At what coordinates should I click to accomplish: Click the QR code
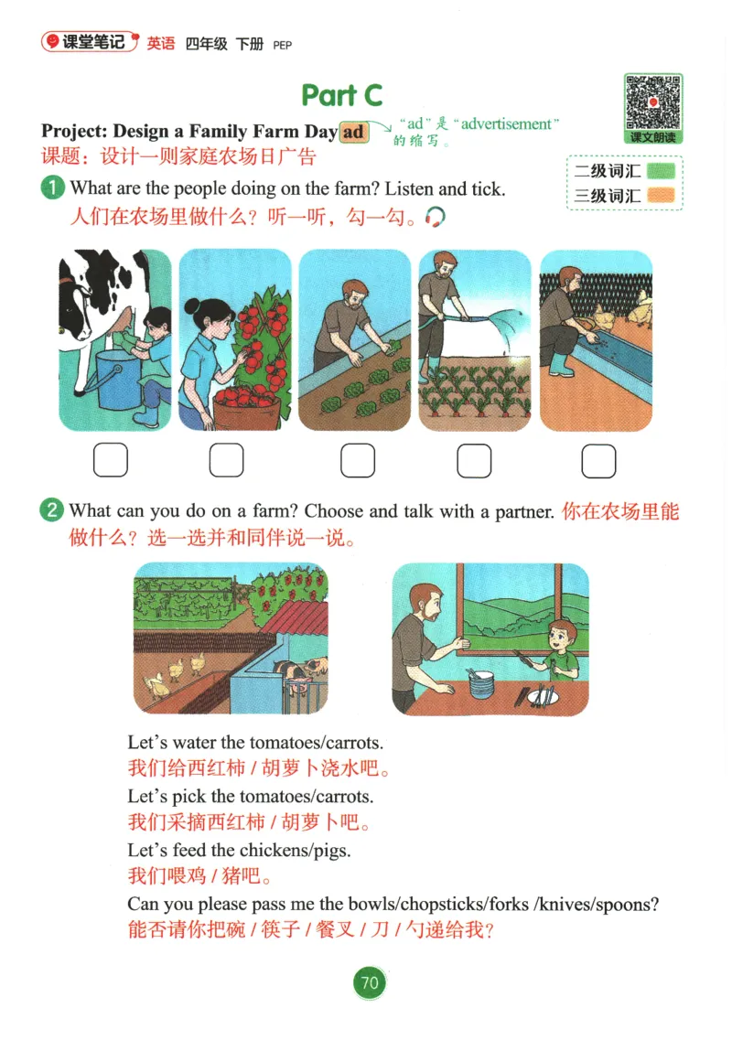point(653,102)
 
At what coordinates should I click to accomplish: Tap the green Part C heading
point(342,95)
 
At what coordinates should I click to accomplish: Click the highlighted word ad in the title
point(353,132)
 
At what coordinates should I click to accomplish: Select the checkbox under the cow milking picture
point(110,460)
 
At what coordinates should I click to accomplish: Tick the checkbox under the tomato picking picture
point(226,460)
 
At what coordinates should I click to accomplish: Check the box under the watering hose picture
point(474,460)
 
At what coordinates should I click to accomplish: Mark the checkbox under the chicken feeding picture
point(598,461)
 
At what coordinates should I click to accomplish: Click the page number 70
point(370,982)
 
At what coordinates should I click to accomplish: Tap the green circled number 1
point(52,188)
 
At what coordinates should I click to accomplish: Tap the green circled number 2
point(51,510)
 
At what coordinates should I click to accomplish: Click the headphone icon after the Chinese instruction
point(435,217)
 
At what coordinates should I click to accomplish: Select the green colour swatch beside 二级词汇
point(661,170)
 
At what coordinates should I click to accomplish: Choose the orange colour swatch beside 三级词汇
point(661,195)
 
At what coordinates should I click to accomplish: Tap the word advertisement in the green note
point(506,124)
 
